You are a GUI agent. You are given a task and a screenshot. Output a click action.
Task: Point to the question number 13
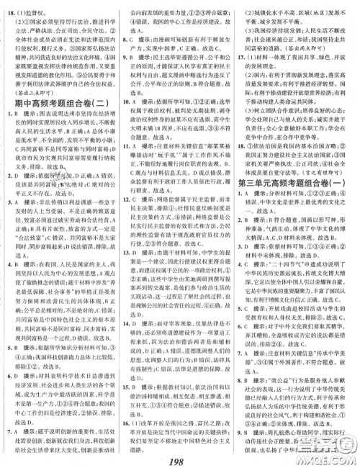click(130, 287)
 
